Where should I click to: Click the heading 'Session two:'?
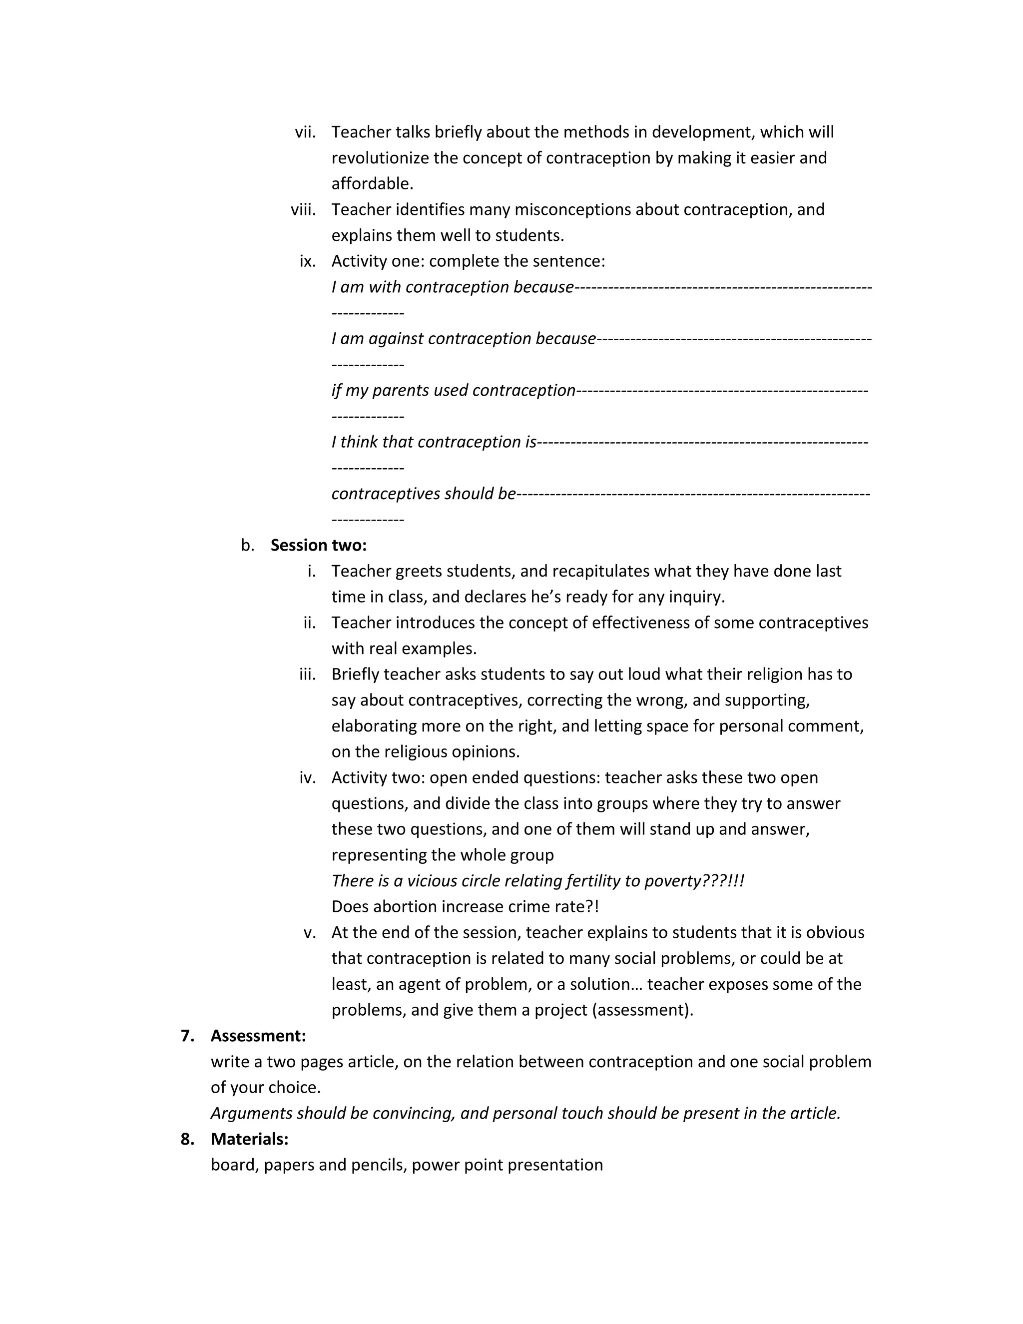[x=318, y=545]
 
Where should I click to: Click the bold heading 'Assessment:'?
[x=258, y=1036]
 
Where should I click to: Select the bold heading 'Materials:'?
[x=249, y=1139]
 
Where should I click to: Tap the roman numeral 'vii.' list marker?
[x=305, y=132]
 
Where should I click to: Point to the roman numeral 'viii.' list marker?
[x=303, y=210]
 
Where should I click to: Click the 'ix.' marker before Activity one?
[x=307, y=261]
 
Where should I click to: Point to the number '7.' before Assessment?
[x=187, y=1036]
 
